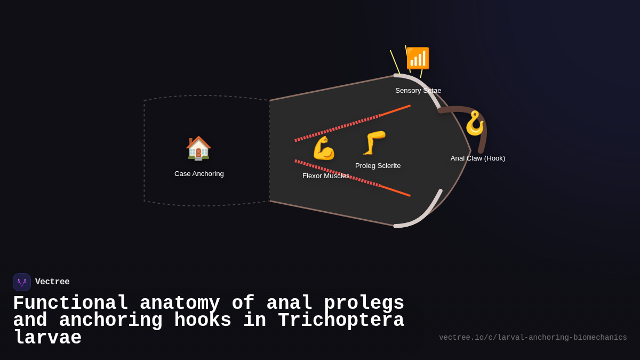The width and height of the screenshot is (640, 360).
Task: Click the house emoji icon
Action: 198,148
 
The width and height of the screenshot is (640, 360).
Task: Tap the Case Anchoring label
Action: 199,174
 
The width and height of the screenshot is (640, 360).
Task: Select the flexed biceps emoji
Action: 323,148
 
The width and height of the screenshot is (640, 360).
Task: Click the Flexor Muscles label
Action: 326,176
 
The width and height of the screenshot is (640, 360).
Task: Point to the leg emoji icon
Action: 374,143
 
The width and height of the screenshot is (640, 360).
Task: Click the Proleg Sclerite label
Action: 378,166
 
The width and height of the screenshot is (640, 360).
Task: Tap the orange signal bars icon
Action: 418,59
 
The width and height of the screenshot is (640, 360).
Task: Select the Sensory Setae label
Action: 418,91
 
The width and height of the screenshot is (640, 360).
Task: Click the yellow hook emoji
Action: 474,124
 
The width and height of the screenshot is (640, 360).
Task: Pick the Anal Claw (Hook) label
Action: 477,158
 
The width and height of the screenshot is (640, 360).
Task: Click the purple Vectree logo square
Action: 22,282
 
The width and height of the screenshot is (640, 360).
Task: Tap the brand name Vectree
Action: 52,282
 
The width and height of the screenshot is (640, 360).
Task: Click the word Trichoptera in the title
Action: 341,321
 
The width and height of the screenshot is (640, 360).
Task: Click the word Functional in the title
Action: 70,303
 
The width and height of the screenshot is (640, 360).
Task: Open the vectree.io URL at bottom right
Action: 533,338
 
